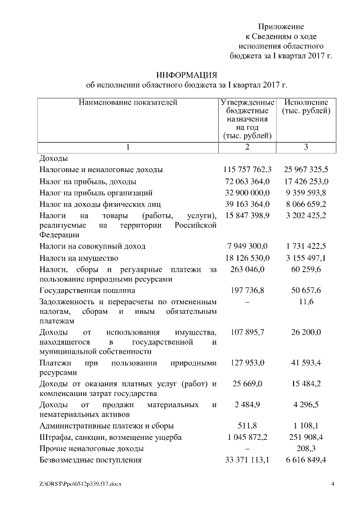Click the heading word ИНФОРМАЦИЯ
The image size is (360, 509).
pyautogui.click(x=186, y=75)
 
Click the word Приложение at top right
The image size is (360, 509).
pyautogui.click(x=281, y=27)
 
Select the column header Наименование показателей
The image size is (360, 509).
pyautogui.click(x=128, y=102)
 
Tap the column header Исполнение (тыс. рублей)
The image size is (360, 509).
pyautogui.click(x=305, y=107)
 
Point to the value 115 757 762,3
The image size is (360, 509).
pyautogui.click(x=247, y=169)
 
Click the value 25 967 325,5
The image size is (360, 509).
pyautogui.click(x=306, y=169)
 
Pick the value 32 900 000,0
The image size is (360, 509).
pyautogui.click(x=247, y=192)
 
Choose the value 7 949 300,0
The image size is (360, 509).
pyautogui.click(x=247, y=246)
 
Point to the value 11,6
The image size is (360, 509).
pyautogui.click(x=306, y=302)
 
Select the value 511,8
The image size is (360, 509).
pyautogui.click(x=247, y=426)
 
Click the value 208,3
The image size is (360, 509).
pyautogui.click(x=306, y=449)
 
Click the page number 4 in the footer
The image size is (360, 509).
pyautogui.click(x=332, y=484)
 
